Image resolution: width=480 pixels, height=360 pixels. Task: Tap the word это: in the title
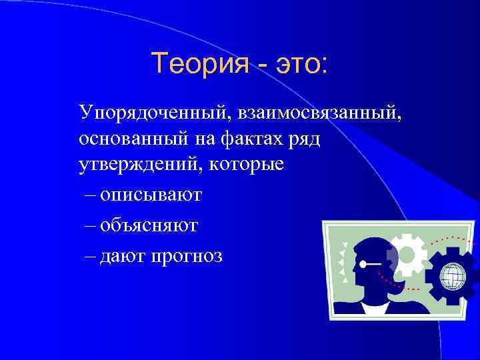tap(297, 64)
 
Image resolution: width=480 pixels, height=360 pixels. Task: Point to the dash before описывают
tap(90, 197)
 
